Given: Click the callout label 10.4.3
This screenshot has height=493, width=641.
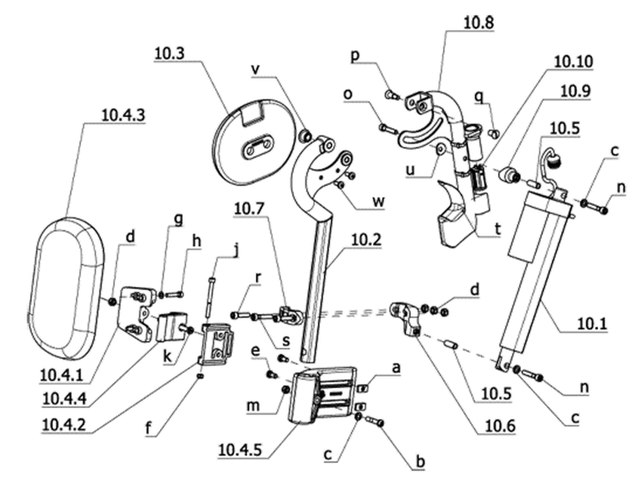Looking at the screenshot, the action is (123, 115).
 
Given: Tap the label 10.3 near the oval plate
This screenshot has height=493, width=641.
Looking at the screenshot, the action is (169, 53).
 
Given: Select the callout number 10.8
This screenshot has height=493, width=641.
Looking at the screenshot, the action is (478, 22).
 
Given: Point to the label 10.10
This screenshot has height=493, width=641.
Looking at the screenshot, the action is (573, 61).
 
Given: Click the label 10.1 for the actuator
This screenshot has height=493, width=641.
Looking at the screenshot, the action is (592, 324).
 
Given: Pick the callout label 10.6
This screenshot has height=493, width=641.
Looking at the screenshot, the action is (500, 426).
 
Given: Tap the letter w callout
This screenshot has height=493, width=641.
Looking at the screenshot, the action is (378, 201).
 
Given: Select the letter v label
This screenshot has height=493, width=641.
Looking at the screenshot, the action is (256, 70).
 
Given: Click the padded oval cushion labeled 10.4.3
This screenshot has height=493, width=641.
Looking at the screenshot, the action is (67, 288).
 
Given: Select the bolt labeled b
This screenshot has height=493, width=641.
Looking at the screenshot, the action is (374, 421).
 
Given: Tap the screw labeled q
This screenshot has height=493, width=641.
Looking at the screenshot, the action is (494, 133).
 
